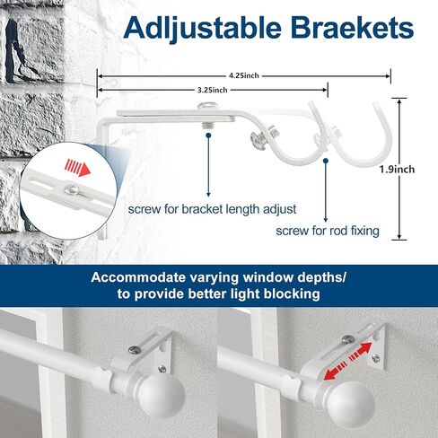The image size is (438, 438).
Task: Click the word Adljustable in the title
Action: click(x=202, y=29)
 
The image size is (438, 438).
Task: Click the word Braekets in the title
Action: click(x=352, y=28)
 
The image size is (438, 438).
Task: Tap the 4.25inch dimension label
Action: click(x=244, y=75)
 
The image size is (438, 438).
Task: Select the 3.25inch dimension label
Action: click(x=213, y=90)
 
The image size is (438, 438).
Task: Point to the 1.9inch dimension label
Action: click(x=397, y=170)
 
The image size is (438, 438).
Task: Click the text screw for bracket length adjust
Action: click(x=212, y=209)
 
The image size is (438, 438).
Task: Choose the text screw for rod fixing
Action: click(x=328, y=231)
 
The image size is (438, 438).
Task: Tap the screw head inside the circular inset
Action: click(x=72, y=188)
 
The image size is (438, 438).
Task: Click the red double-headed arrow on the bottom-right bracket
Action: click(x=347, y=361)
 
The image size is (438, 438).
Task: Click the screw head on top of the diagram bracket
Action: click(x=206, y=106)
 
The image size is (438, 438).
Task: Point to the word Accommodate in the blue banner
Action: click(x=138, y=277)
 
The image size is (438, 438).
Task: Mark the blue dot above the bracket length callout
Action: click(x=208, y=136)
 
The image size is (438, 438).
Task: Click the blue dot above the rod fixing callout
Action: click(x=326, y=161)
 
